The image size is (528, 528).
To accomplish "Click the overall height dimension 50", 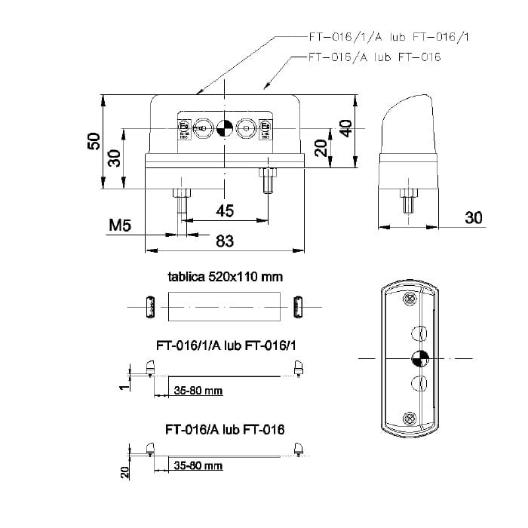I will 94,140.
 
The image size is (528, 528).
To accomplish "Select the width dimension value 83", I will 225,241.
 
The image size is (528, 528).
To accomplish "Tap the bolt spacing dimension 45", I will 225,210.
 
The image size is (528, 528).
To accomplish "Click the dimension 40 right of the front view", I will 345,127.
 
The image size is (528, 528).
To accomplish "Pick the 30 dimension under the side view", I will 473,217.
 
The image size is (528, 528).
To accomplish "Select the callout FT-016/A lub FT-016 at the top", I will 374,57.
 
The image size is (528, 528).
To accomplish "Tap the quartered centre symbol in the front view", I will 224,128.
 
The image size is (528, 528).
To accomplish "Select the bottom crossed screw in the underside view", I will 410,418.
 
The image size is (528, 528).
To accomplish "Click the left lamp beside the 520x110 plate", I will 149,307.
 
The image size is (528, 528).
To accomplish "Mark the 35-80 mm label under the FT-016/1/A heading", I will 198,391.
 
